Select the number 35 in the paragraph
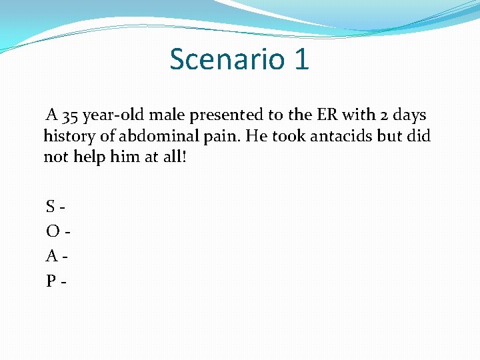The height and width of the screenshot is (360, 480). tap(70, 115)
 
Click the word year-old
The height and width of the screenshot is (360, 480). tap(111, 115)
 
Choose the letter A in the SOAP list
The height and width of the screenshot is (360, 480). tap(52, 256)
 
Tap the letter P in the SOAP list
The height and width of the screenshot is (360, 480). tap(51, 281)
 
